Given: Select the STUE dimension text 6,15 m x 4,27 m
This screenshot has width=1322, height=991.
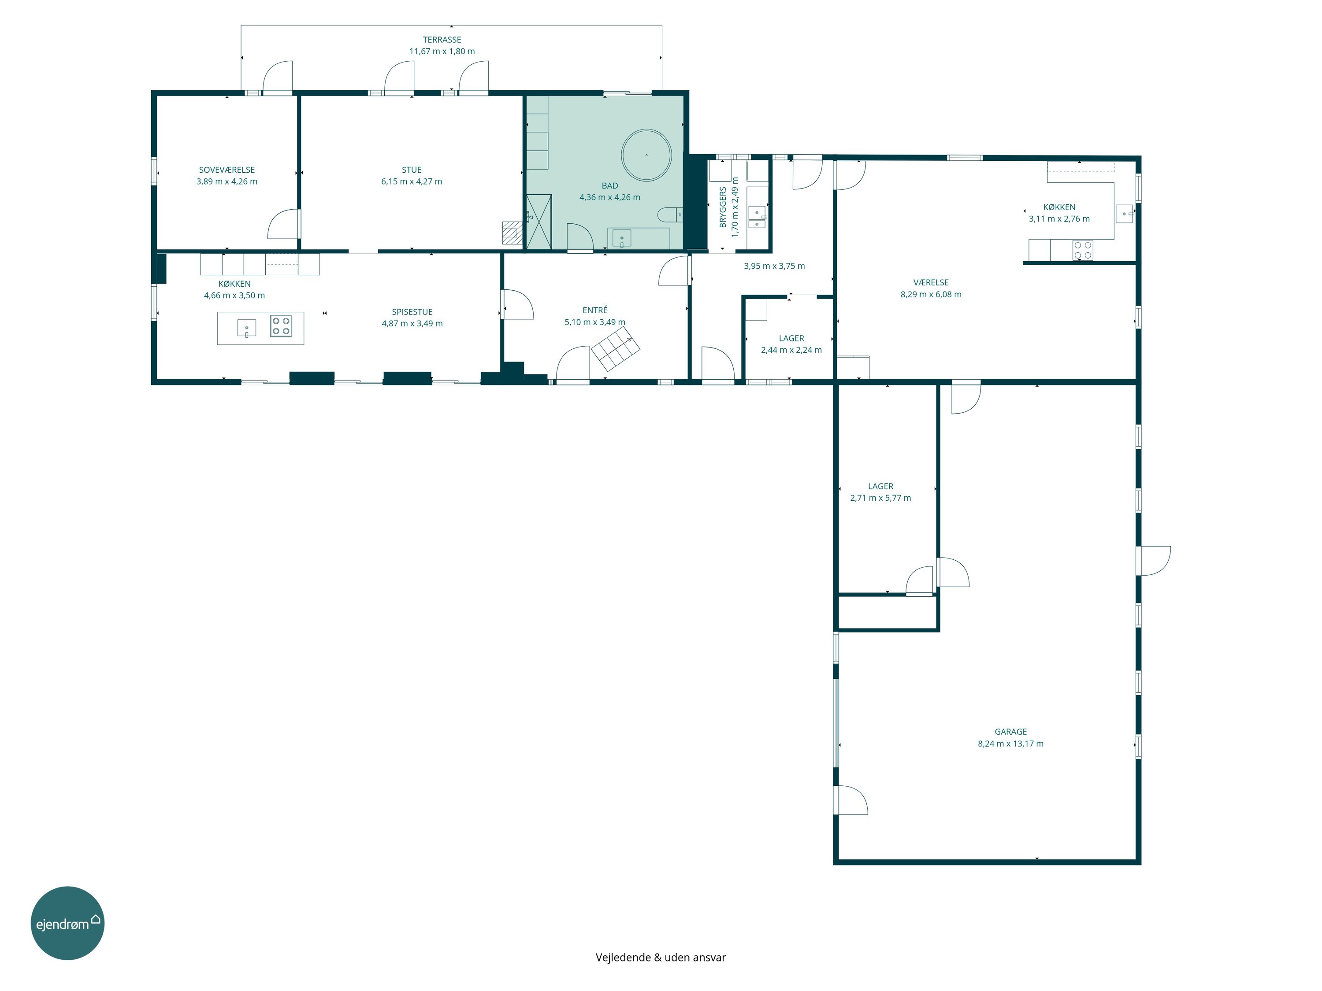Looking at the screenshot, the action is [x=412, y=181].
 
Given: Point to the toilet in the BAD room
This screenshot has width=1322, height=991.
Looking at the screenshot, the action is [x=670, y=214].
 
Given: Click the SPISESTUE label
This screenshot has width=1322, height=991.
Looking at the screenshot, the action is [x=412, y=312].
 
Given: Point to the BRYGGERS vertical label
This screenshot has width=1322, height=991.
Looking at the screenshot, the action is [x=723, y=207].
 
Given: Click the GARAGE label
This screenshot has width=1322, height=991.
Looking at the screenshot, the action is [x=1010, y=732].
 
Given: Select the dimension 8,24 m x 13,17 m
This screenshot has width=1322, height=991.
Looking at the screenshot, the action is [x=1010, y=744].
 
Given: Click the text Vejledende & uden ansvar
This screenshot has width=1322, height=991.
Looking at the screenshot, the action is [x=661, y=957].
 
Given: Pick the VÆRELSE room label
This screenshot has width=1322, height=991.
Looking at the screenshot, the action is [x=931, y=283].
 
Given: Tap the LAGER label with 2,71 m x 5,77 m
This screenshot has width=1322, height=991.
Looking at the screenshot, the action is [x=880, y=487].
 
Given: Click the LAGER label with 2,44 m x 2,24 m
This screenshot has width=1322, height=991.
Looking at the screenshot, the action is [x=791, y=339].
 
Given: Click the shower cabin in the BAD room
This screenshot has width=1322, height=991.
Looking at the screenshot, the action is [x=538, y=222].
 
